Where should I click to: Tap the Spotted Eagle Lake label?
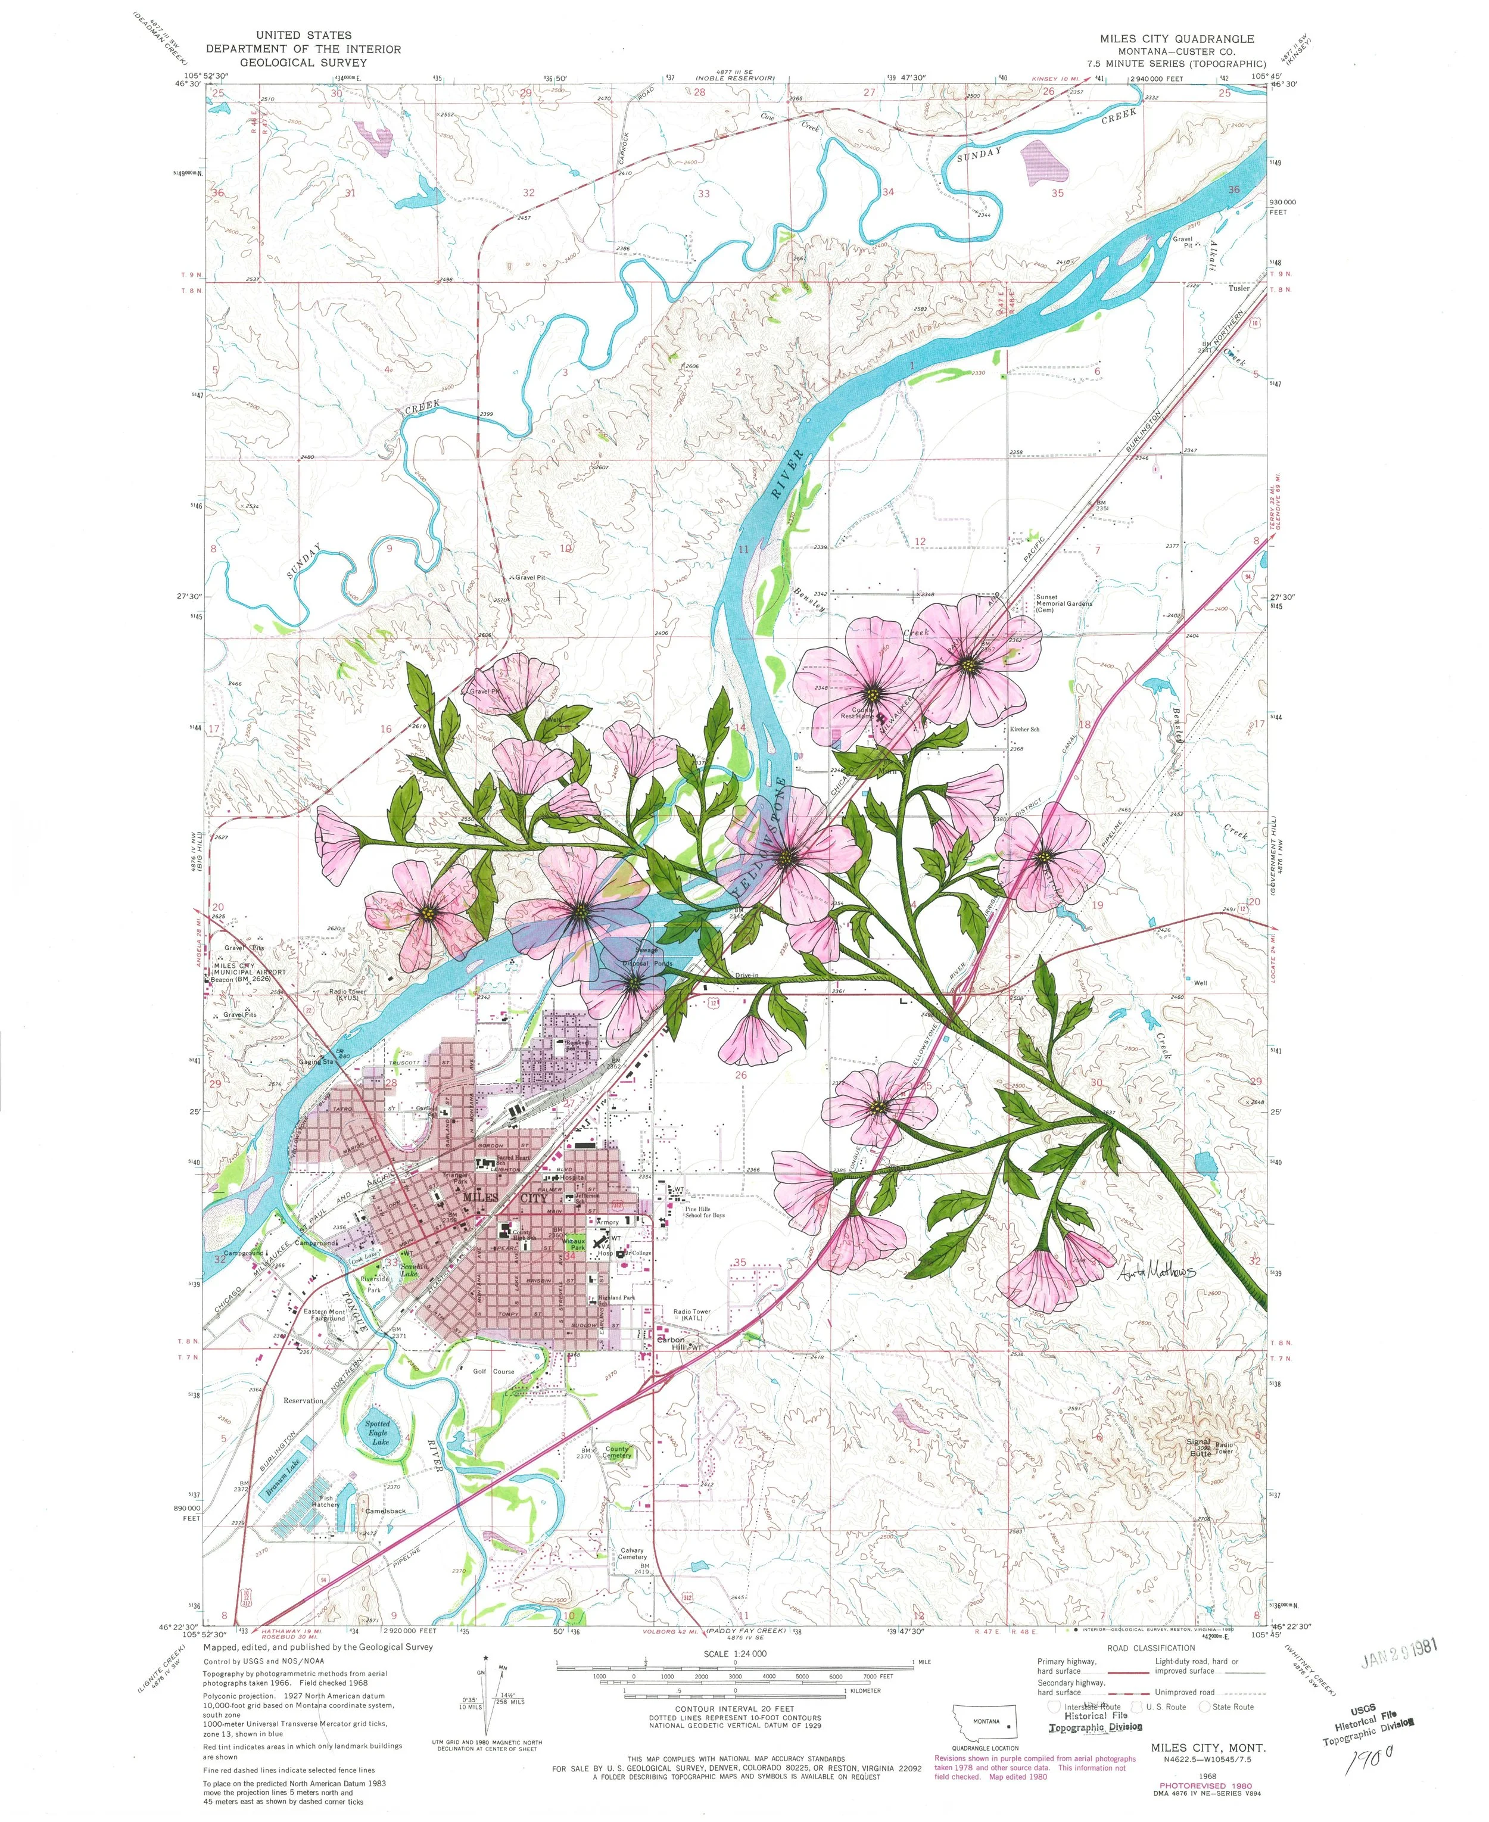pyautogui.click(x=378, y=1432)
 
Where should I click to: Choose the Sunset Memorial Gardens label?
pyautogui.click(x=1064, y=603)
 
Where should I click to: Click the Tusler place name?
pyautogui.click(x=1238, y=288)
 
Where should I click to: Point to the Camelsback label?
pyautogui.click(x=385, y=1510)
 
